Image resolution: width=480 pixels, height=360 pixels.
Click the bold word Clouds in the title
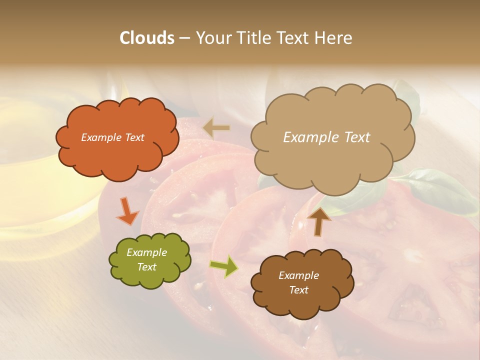pyautogui.click(x=147, y=38)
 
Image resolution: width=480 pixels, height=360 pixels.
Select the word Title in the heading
pyautogui.click(x=253, y=38)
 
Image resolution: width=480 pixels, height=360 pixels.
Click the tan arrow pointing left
pyautogui.click(x=216, y=128)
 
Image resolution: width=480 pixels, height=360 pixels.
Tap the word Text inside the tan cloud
pyautogui.click(x=353, y=137)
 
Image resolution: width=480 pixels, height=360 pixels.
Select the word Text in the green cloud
pyautogui.click(x=147, y=267)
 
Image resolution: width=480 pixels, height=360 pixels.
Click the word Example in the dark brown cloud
pyautogui.click(x=298, y=275)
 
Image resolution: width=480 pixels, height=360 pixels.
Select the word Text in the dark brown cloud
pyautogui.click(x=298, y=290)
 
